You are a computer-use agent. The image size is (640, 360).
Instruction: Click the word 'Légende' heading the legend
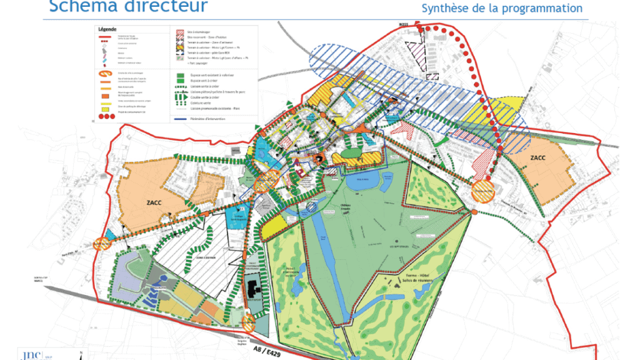(108, 29)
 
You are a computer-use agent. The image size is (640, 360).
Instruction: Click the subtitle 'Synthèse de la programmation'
(502, 8)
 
